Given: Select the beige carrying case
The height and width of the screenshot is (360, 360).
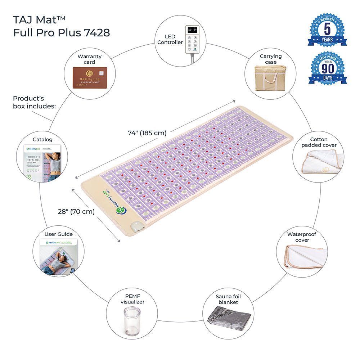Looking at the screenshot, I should point(270,78).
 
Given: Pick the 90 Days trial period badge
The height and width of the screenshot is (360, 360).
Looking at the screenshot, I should point(327,68).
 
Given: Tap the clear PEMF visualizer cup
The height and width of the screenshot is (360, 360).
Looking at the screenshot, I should point(132,320).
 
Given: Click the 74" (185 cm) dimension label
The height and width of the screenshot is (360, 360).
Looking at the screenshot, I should point(147,133).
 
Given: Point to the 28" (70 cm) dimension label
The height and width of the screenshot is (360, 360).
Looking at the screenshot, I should point(77,212).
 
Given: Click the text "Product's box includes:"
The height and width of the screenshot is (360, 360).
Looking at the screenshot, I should point(35,102).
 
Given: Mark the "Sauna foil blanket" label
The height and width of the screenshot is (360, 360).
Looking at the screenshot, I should point(228,299).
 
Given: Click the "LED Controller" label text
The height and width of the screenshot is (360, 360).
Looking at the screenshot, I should point(170,39).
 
